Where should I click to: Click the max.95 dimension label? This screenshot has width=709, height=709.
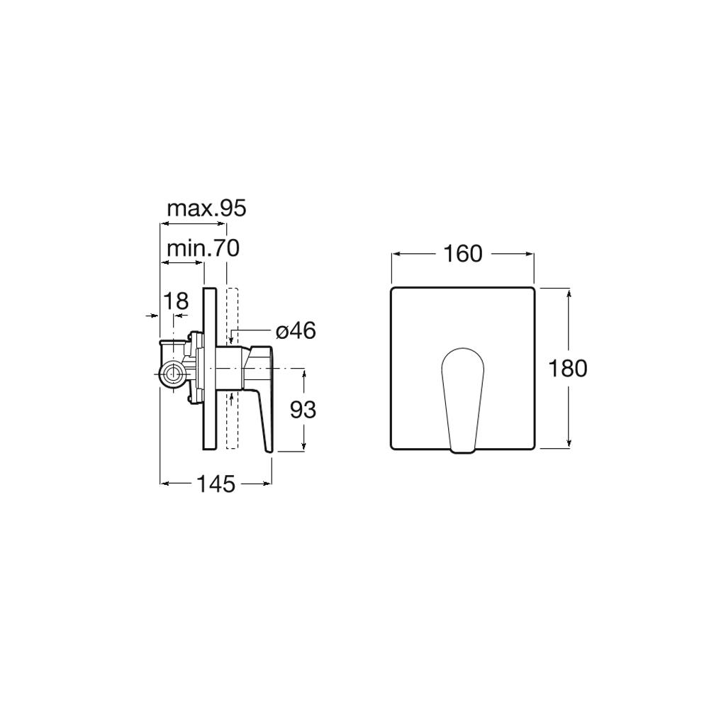pos(206,208)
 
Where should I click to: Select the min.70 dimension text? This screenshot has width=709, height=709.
pos(203,248)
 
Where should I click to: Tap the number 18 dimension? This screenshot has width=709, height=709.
pos(175,301)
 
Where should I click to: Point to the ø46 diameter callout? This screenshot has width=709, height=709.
pos(296,331)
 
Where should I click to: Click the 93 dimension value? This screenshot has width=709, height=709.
pos(303,410)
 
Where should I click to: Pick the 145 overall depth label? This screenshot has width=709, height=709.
pos(216,484)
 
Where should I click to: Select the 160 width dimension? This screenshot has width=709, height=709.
pos(462,254)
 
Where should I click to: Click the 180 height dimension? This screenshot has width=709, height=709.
pos(568,368)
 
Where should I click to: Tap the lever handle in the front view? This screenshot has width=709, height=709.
pos(462,400)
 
